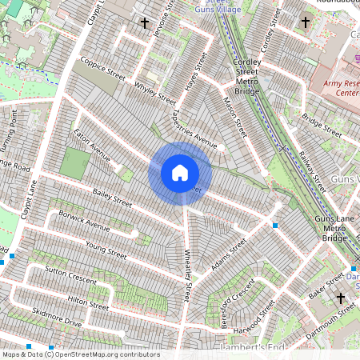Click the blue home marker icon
point(180,172)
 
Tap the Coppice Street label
point(102,70)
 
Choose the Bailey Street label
point(111,194)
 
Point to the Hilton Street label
point(88,301)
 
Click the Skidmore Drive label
point(57,317)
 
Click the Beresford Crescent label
point(233,297)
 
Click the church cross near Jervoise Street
point(145,23)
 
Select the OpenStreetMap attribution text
point(80,354)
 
